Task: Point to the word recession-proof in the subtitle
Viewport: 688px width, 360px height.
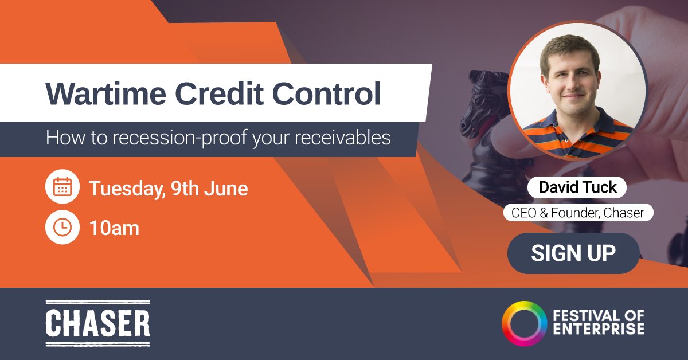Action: (171, 138)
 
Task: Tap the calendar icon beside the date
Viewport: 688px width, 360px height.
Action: (62, 187)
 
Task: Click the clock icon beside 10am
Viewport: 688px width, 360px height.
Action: (62, 228)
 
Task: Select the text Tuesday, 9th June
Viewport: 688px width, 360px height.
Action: (168, 189)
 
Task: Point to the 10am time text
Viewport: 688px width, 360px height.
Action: (114, 228)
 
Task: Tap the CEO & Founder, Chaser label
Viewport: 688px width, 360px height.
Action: (578, 213)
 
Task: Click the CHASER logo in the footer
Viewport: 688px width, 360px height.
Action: (97, 323)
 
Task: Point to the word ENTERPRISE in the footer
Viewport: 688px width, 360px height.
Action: (598, 329)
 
